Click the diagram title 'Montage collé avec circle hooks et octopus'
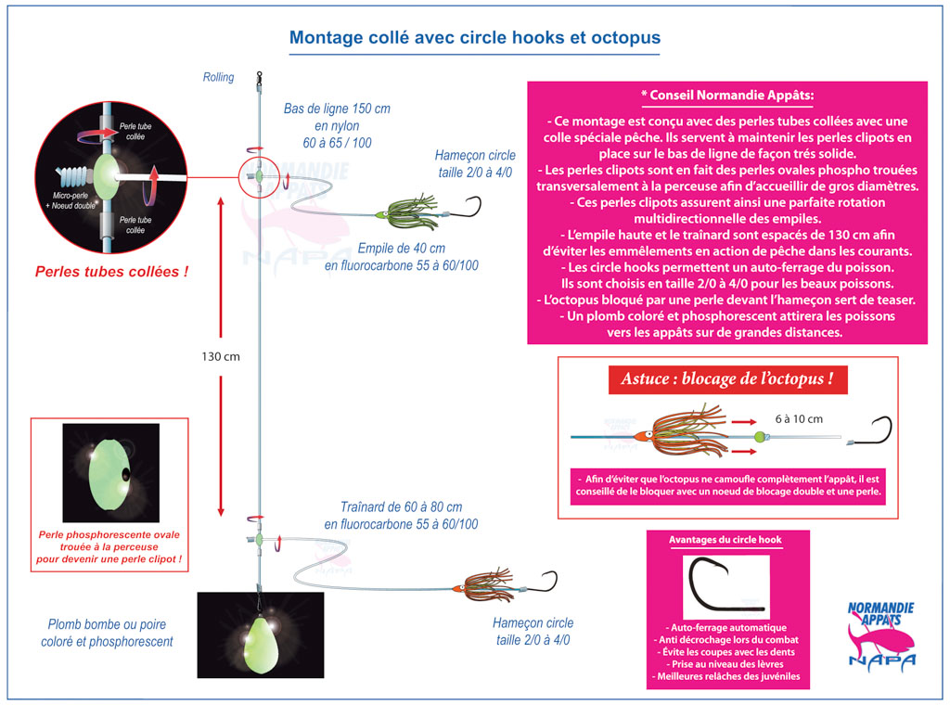(474, 38)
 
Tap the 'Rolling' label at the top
(219, 78)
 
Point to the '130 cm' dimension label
(221, 356)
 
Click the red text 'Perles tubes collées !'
(111, 272)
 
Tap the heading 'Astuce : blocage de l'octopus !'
(727, 380)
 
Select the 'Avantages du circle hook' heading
(726, 540)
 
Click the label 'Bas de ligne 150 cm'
(337, 109)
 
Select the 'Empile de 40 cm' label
(401, 249)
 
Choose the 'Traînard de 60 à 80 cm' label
(400, 507)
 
